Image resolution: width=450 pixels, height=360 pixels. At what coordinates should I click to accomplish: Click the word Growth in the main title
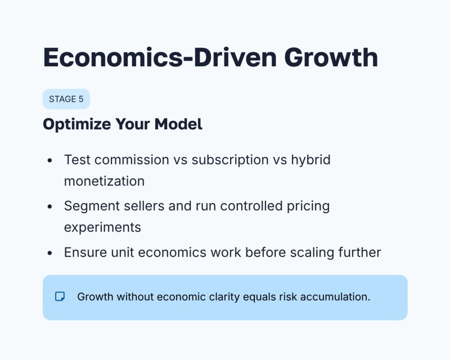click(330, 58)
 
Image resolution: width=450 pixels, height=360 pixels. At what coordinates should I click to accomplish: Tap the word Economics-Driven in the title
click(159, 58)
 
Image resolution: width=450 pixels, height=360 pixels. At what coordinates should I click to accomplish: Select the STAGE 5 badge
click(66, 99)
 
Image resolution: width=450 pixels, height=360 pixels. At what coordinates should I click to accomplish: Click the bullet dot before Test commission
click(50, 160)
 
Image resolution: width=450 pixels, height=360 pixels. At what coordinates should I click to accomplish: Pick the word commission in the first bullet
click(130, 160)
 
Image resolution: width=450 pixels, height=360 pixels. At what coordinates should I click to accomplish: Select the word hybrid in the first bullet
click(310, 160)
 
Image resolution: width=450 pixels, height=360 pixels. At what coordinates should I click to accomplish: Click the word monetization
click(104, 181)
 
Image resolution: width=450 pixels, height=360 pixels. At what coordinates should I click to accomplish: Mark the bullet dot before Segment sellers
click(50, 206)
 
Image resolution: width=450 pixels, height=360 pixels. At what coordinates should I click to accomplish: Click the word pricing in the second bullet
click(308, 206)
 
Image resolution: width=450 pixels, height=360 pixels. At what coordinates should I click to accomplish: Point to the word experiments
click(102, 227)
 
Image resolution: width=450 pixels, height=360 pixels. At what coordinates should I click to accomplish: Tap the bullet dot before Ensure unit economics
click(50, 253)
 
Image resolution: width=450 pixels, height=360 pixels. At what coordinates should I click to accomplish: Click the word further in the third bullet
click(359, 253)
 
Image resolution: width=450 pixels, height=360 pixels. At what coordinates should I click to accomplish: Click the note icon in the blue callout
click(60, 296)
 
